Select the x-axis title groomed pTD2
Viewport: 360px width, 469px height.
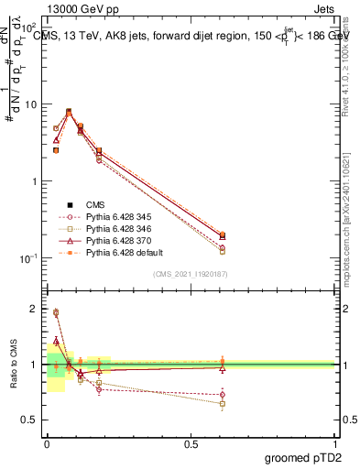click(301, 457)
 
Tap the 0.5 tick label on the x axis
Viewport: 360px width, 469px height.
click(191, 442)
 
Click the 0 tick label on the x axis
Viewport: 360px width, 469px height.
click(47, 442)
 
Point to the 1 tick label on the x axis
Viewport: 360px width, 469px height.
click(335, 442)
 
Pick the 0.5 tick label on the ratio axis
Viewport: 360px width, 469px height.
click(30, 420)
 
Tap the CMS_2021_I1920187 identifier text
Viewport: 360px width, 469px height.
click(191, 274)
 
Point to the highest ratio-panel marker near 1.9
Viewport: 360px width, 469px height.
click(56, 312)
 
